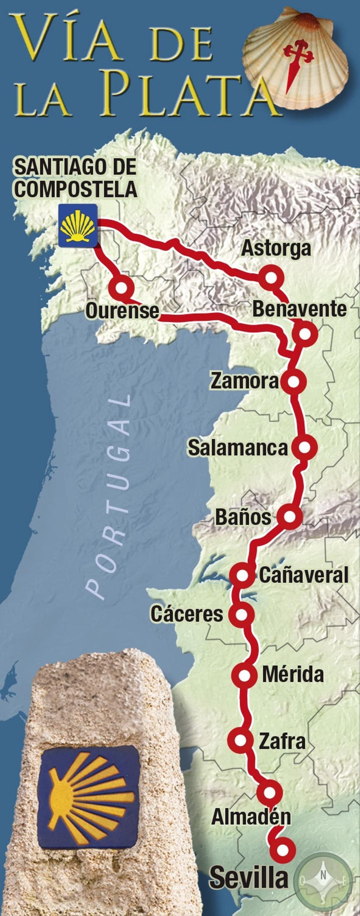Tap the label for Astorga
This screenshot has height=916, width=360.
[276, 248]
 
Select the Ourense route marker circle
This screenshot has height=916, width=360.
[121, 288]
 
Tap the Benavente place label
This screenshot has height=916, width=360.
[299, 309]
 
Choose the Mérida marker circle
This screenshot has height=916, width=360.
[244, 675]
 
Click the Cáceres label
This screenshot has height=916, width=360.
[187, 614]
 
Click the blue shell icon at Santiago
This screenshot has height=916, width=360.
[78, 225]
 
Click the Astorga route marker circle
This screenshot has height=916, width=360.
[271, 278]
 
